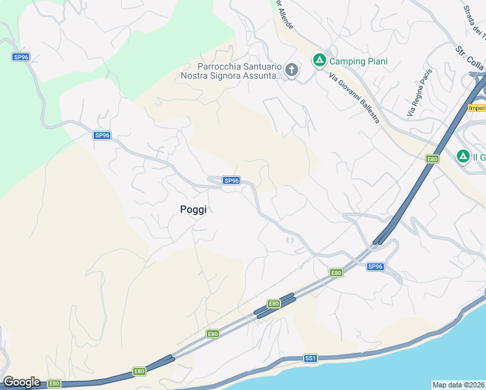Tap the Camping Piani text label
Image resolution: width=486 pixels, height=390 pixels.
(358, 61)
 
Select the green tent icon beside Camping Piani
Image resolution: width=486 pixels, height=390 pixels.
(319, 60)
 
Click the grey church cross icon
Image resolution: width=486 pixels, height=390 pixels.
(292, 70)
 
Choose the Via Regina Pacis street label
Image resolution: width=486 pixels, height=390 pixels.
(419, 94)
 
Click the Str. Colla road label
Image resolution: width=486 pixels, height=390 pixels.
(469, 59)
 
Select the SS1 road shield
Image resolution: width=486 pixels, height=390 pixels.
(310, 358)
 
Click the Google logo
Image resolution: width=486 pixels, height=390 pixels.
(21, 382)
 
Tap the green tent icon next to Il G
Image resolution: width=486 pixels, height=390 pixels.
(463, 156)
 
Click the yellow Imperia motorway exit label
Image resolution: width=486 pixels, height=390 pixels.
(476, 108)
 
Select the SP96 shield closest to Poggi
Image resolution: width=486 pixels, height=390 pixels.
(231, 181)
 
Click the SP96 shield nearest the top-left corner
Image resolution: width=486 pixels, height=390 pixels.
(21, 57)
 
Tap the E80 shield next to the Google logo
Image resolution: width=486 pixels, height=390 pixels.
(54, 383)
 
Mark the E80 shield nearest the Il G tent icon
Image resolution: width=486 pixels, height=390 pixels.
(432, 159)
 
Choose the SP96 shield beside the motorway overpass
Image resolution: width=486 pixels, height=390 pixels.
(376, 266)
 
